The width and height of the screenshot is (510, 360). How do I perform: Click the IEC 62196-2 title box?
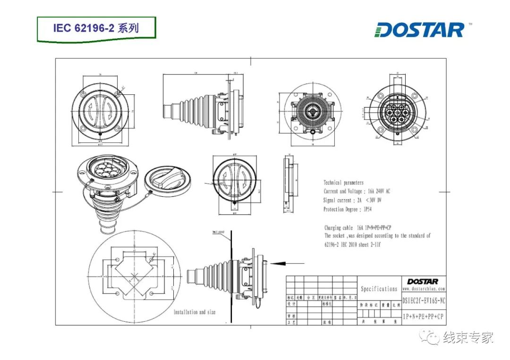click(x=96, y=28)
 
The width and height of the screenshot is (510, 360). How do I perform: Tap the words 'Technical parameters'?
click(x=343, y=183)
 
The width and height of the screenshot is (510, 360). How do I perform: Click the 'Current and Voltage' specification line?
click(x=357, y=191)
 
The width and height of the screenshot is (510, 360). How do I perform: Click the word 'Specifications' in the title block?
click(x=379, y=289)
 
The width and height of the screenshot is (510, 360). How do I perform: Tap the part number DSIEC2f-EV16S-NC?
click(x=424, y=300)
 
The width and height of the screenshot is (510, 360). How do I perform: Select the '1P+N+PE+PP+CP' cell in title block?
click(x=424, y=316)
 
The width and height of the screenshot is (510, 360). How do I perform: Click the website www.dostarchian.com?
click(x=424, y=288)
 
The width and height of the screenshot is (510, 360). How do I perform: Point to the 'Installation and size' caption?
click(x=195, y=312)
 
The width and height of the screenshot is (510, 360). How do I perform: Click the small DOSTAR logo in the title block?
click(x=423, y=281)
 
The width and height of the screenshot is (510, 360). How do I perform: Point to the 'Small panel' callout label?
click(x=219, y=232)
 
